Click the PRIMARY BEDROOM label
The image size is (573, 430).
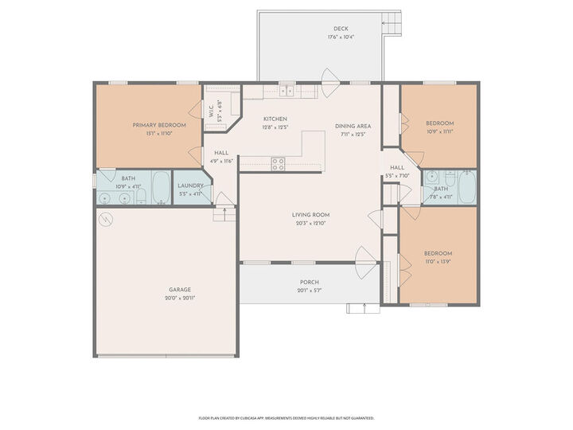[159, 125]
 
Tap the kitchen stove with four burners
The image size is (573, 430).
[279, 164]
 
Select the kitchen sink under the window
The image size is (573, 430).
[286, 92]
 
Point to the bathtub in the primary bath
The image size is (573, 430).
[161, 189]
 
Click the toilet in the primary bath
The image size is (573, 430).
[142, 197]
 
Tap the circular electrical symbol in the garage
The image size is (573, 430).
[104, 217]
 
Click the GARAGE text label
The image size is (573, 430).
[179, 290]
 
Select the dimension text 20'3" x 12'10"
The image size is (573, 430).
[310, 223]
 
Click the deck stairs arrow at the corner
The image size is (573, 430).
[390, 22]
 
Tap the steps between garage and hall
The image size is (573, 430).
[225, 213]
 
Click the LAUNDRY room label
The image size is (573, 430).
[190, 186]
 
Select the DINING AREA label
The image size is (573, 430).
[353, 126]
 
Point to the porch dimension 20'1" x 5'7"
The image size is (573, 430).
[310, 291]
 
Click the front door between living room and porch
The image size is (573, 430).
[365, 260]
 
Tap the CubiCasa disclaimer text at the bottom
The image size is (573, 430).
[286, 417]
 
